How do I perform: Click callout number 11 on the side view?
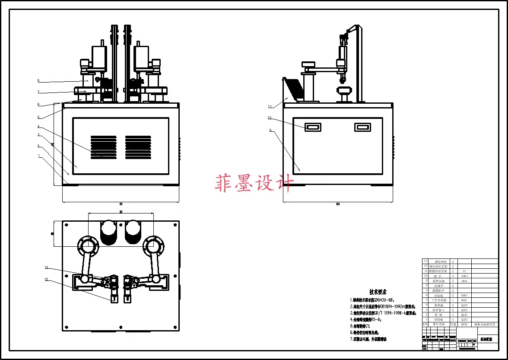coord(270,106)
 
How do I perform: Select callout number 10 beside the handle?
coord(270,118)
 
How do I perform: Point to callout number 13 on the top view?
coord(46,268)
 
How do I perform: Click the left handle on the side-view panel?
coord(312,127)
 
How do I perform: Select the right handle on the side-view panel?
coord(362,127)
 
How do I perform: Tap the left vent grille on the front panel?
coord(103,147)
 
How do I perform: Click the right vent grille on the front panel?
coord(138,147)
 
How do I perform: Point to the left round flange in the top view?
coord(88,246)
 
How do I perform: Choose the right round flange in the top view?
coord(153,246)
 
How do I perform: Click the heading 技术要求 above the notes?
coord(378,292)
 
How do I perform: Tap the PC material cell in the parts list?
coord(464,271)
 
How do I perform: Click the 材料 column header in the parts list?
coord(464,324)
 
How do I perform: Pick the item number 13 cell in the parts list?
coord(425,261)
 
